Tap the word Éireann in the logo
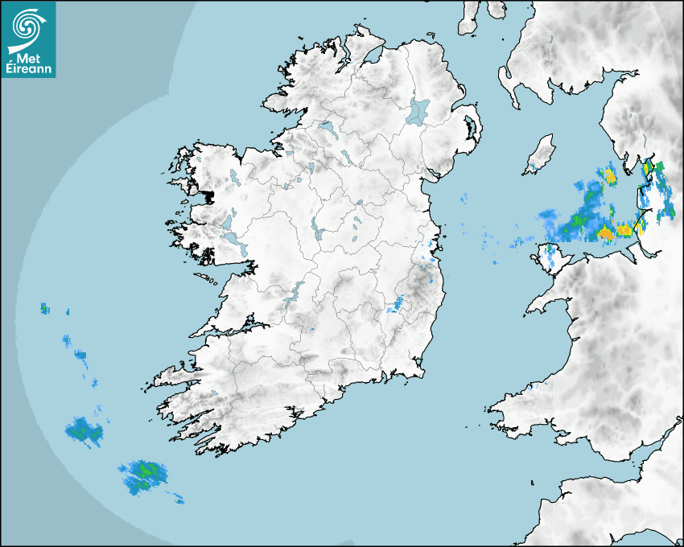coord(29,70)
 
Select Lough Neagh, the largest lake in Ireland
coord(419,110)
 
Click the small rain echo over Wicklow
coord(396,306)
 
